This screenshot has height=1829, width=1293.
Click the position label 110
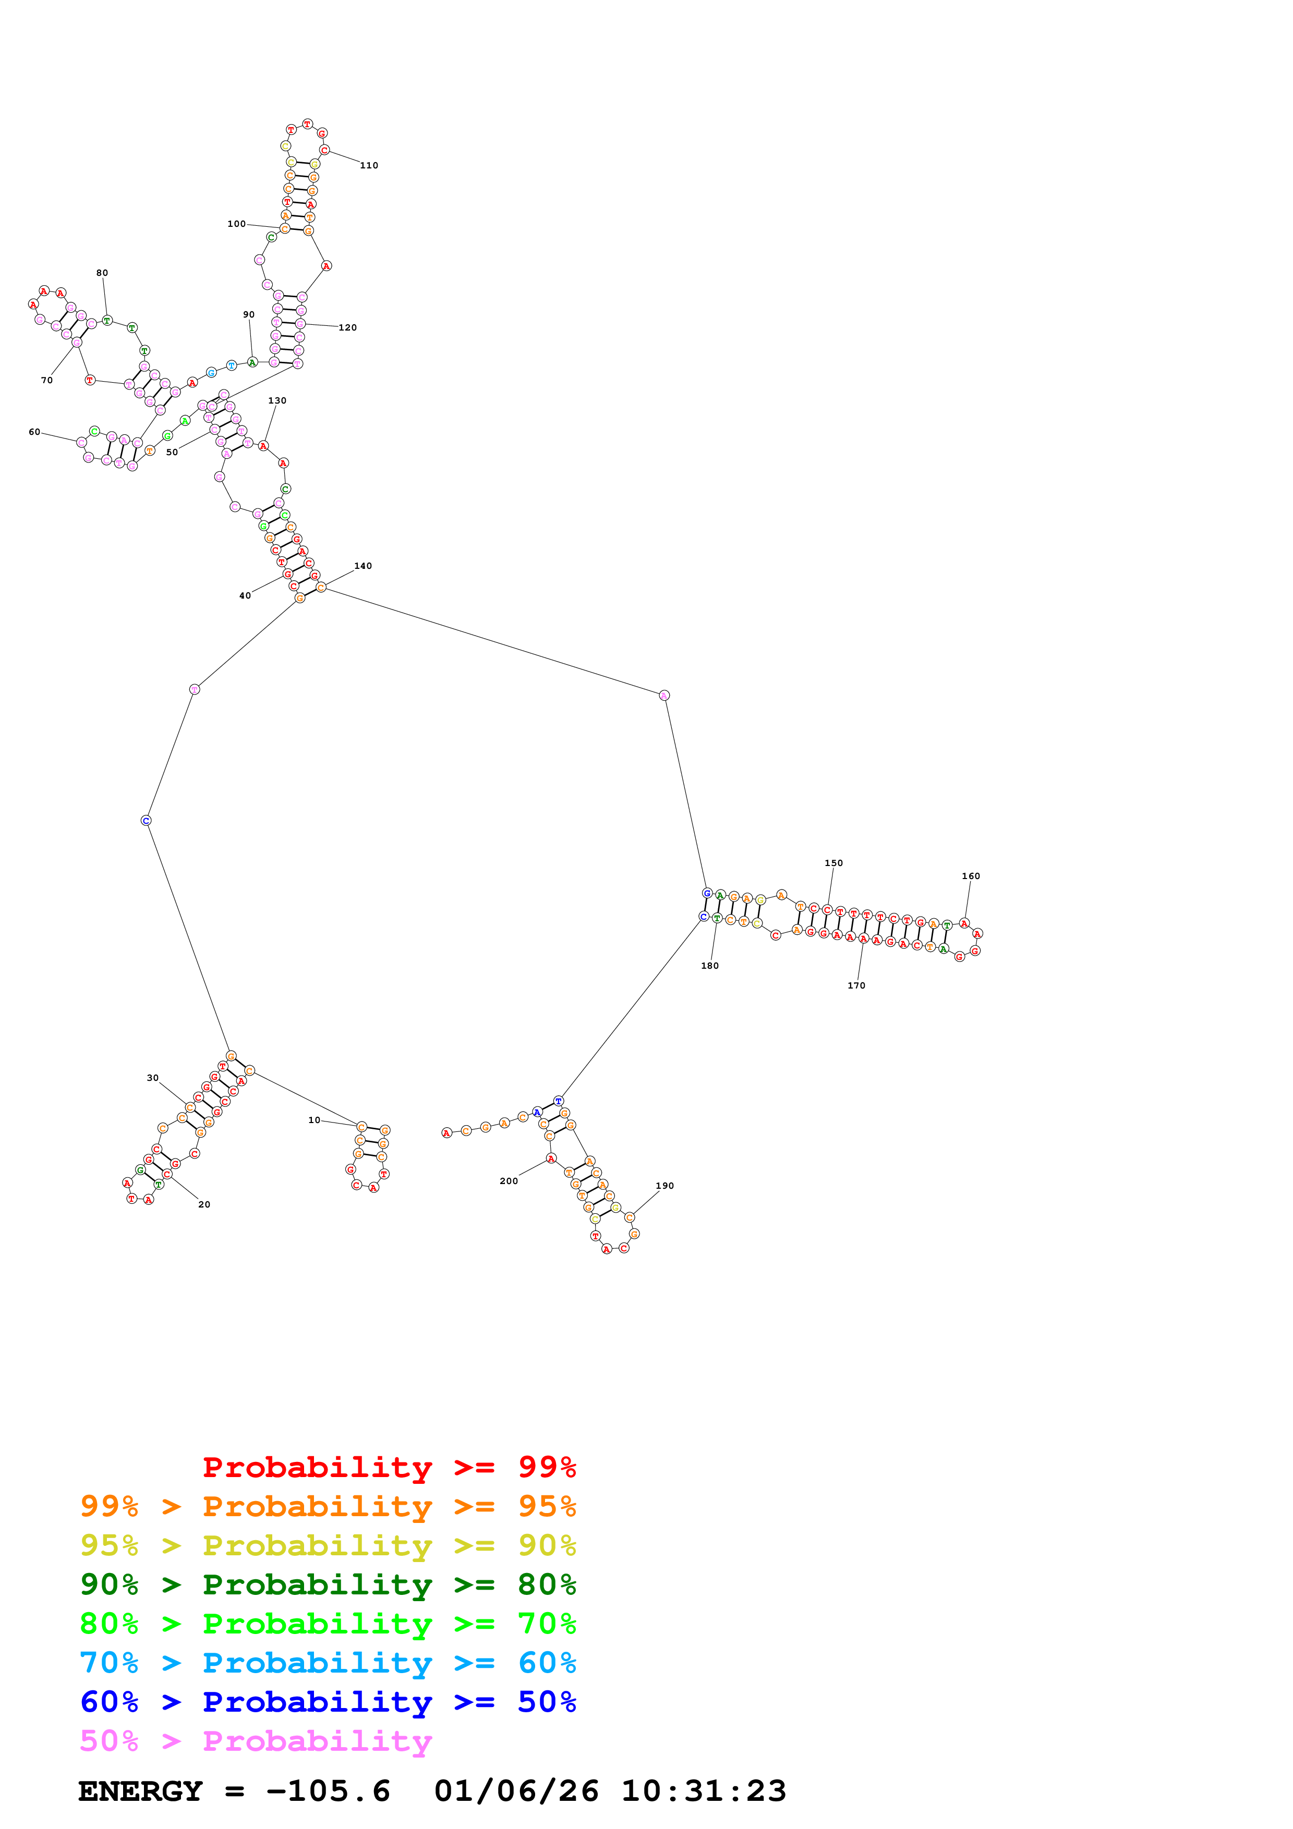pyautogui.click(x=369, y=166)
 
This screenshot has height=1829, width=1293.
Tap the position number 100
pyautogui.click(x=237, y=224)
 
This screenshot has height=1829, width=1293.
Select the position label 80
pyautogui.click(x=102, y=273)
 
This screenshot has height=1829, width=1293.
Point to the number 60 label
pyautogui.click(x=34, y=432)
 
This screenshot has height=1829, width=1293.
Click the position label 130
pyautogui.click(x=277, y=401)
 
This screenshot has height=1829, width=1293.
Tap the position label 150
pyautogui.click(x=833, y=863)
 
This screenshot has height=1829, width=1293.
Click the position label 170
pyautogui.click(x=856, y=985)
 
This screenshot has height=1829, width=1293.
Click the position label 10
pyautogui.click(x=314, y=1120)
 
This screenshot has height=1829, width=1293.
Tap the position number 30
pyautogui.click(x=152, y=1078)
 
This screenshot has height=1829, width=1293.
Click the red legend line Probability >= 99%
pyautogui.click(x=389, y=1467)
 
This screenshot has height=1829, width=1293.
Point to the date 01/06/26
pyautogui.click(x=516, y=1791)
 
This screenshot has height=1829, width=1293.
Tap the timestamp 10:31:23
pyautogui.click(x=704, y=1791)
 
